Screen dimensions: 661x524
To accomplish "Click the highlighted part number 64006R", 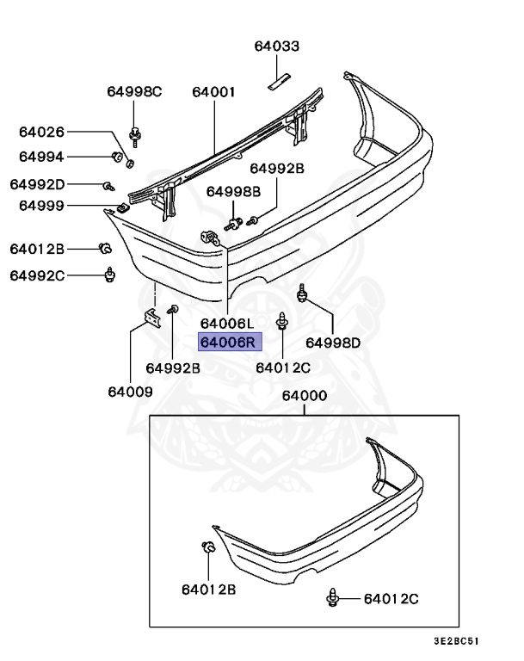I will point(228,343).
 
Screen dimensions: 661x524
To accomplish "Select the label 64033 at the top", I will point(277,46).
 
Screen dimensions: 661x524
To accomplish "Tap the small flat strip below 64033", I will point(278,81).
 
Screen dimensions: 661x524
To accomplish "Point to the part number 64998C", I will point(134,91).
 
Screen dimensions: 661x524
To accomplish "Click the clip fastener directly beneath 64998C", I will point(135,133).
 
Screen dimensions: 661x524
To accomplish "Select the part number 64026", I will point(42,132).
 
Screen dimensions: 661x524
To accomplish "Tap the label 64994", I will point(42,157).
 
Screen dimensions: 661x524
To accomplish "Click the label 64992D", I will point(37,184).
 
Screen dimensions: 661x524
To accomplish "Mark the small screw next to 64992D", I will point(108,185).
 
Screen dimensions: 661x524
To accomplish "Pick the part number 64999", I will point(42,206).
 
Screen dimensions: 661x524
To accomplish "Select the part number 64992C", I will point(37,275).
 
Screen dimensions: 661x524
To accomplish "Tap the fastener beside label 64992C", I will point(109,275).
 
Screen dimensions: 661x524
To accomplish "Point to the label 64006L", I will point(227,324).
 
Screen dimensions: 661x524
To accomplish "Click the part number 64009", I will point(130,392).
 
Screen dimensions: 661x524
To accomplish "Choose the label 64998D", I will point(333,343).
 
